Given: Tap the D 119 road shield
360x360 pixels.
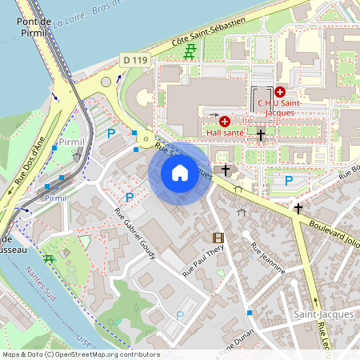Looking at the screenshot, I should [135, 59].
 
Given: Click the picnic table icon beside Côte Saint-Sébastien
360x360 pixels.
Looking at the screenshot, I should [190, 54].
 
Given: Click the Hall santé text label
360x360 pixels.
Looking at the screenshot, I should [225, 132].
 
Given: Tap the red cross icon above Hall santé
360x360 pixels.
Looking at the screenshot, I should [225, 121].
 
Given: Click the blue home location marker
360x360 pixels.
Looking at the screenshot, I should [180, 173].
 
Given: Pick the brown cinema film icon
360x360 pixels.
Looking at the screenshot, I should [218, 238].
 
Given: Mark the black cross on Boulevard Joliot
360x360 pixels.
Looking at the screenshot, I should [298, 208].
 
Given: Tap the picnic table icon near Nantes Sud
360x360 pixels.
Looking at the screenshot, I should [50, 259].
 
